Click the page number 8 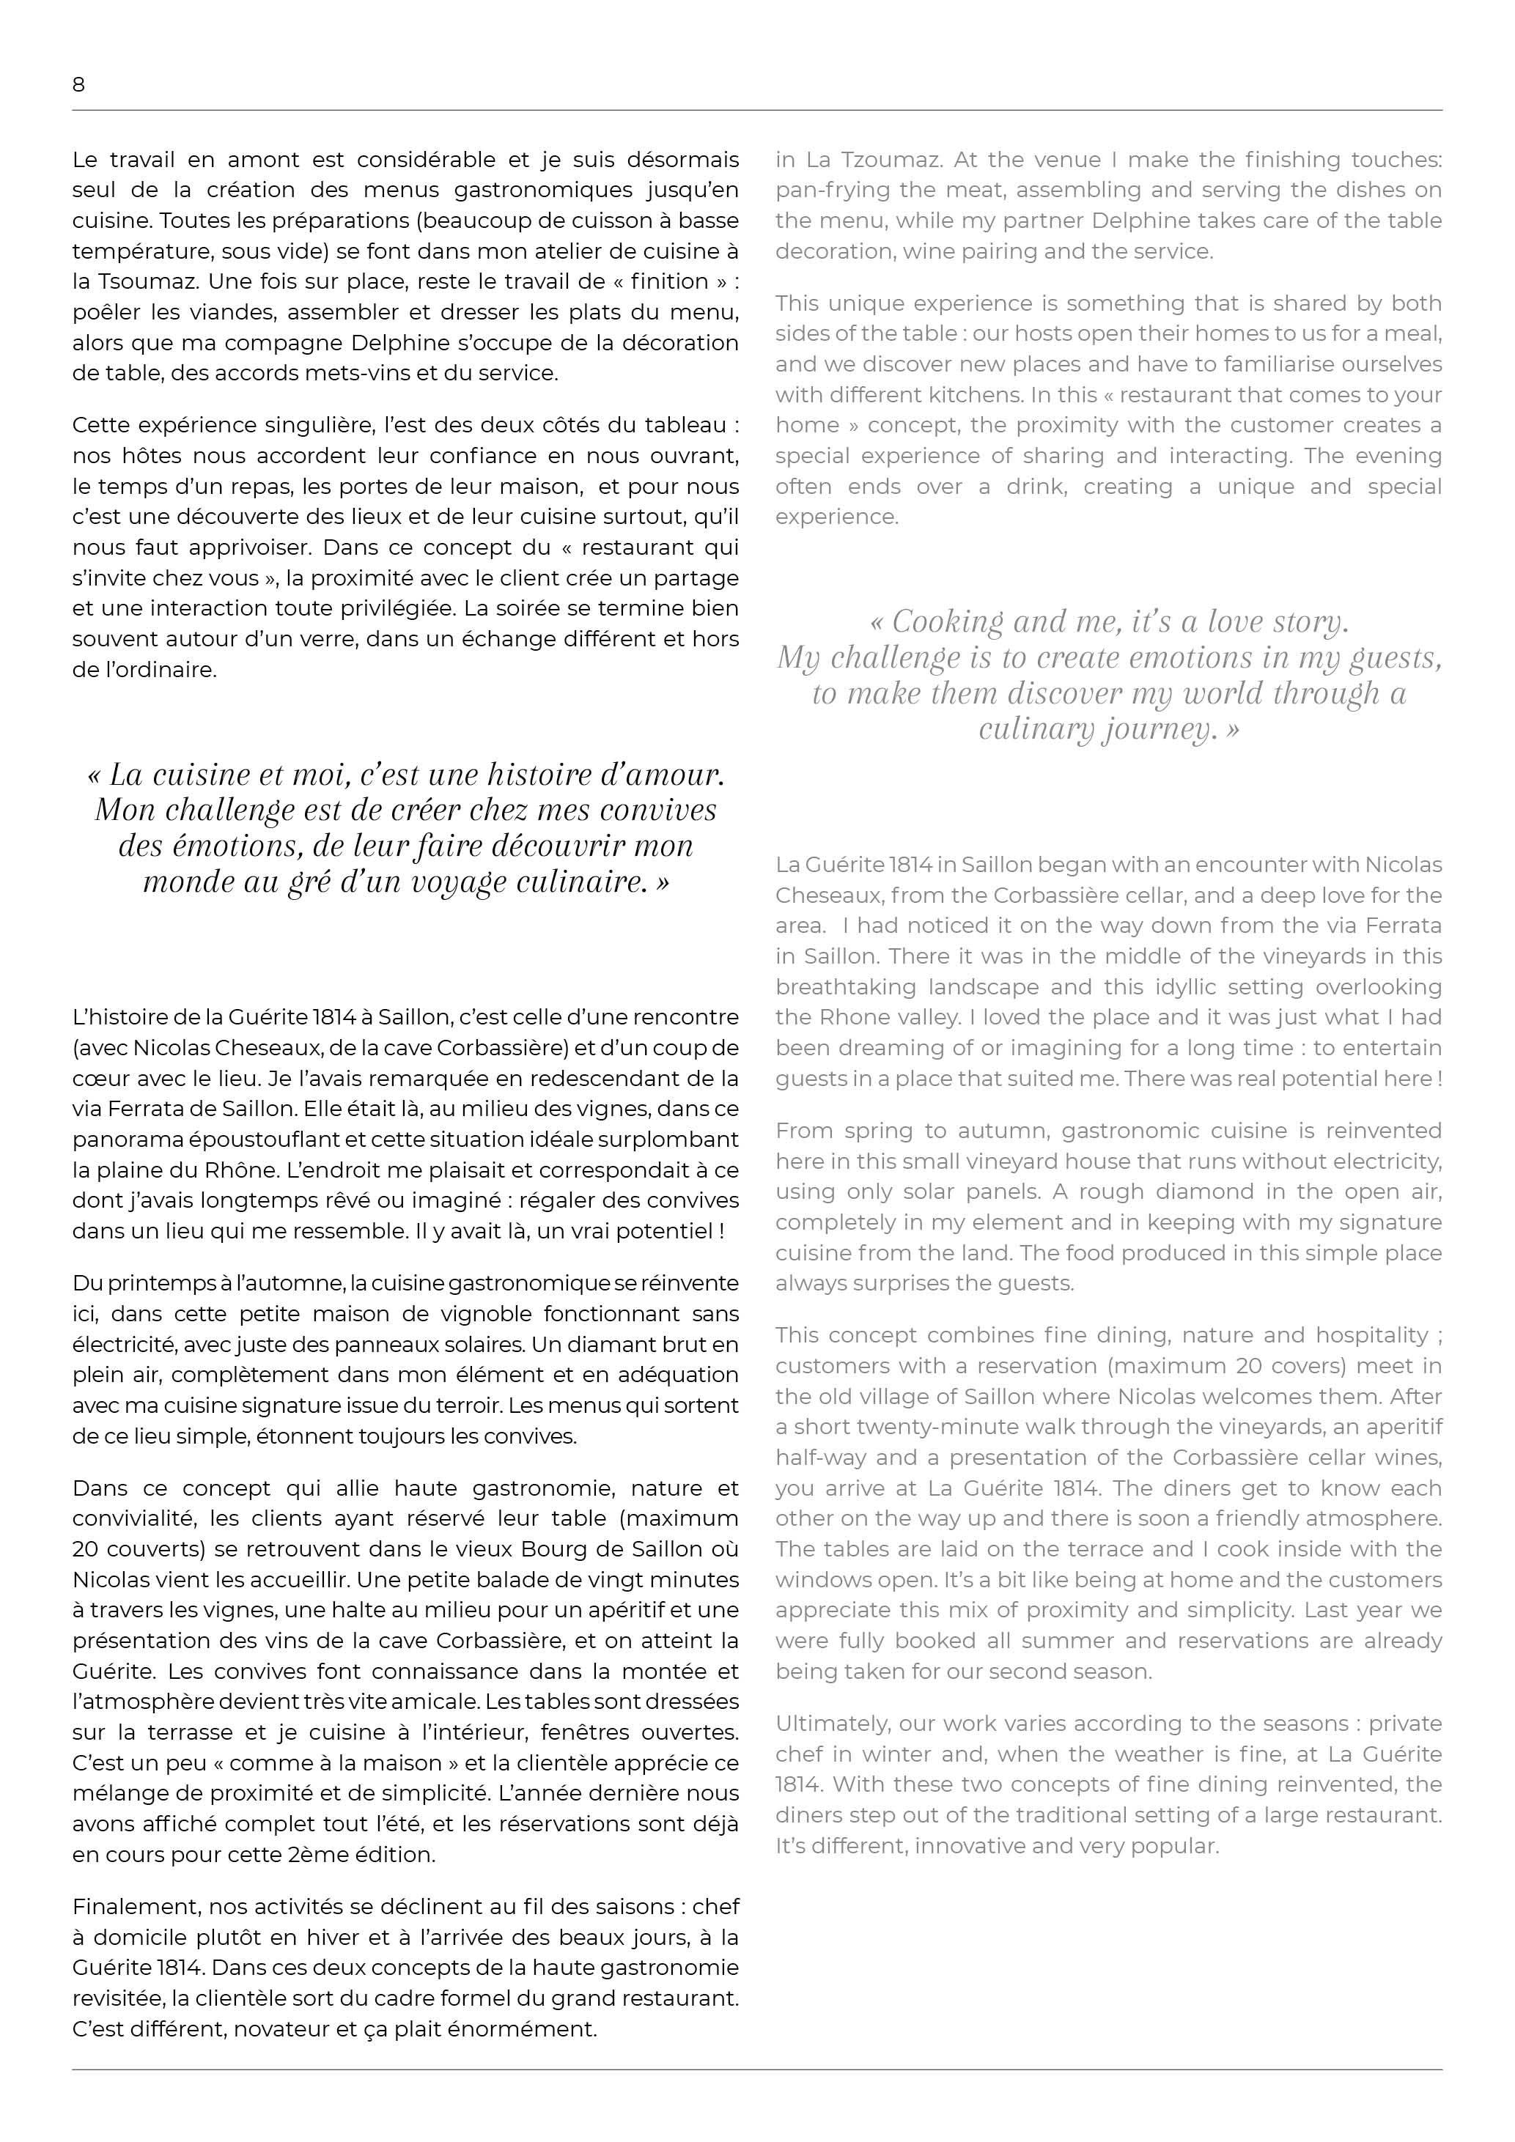pyautogui.click(x=78, y=85)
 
